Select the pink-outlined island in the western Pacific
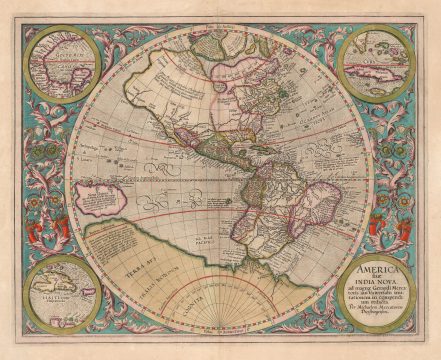106,196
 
